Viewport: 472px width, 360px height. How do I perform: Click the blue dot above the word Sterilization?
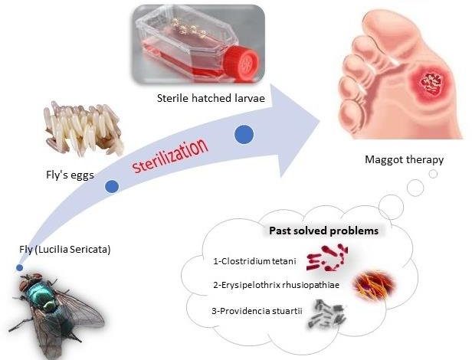coord(244,135)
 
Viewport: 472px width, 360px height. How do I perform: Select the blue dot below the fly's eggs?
coord(113,186)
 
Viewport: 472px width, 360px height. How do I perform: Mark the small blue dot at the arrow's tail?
coord(19,268)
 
